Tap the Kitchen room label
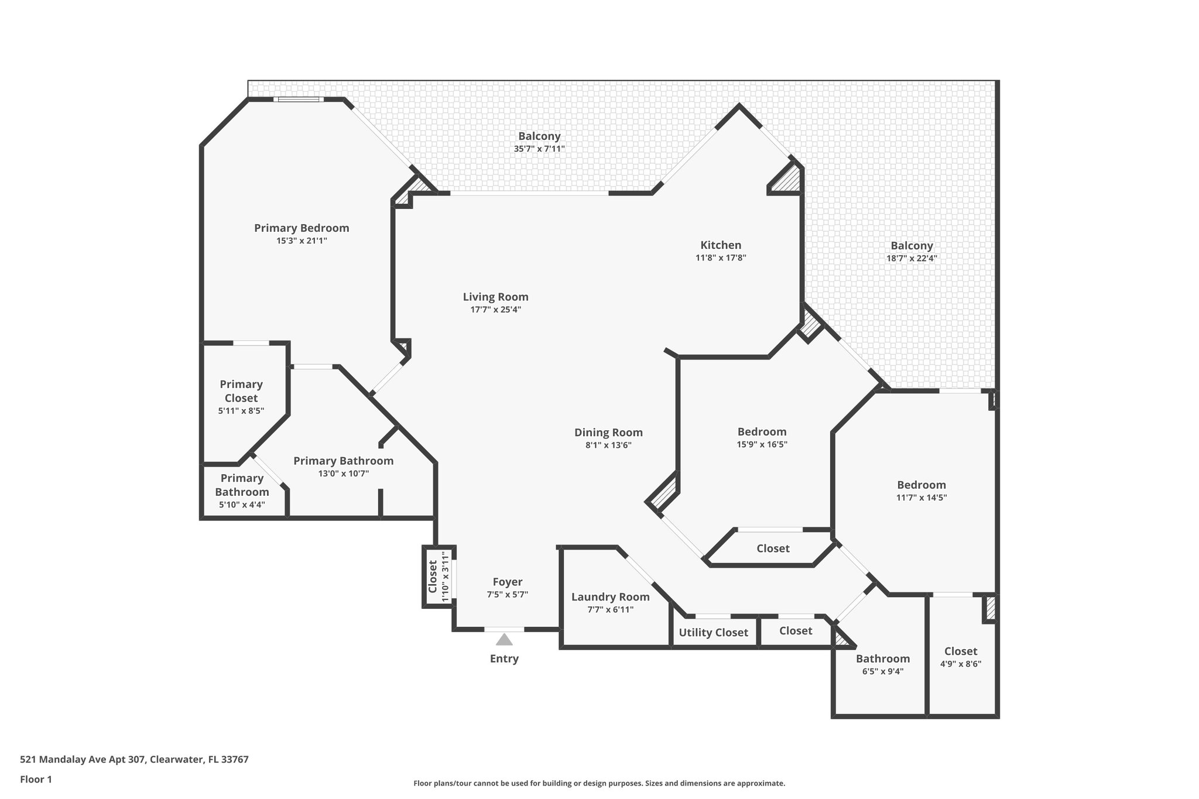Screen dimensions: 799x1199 [x=721, y=245]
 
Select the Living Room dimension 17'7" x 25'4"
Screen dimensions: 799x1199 [x=495, y=310]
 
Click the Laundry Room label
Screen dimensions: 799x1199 [x=610, y=597]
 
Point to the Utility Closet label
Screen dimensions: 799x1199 [x=713, y=633]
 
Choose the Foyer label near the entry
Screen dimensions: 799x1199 [x=507, y=582]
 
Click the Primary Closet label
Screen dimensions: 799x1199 [x=241, y=391]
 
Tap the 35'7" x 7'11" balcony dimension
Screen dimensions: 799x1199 [x=539, y=149]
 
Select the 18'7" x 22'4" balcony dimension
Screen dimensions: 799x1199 [x=912, y=258]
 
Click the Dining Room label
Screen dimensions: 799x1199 [x=608, y=433]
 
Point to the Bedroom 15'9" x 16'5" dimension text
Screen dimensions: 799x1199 [x=762, y=444]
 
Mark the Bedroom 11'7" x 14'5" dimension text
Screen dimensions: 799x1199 [x=921, y=498]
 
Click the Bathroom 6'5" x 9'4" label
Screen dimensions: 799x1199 [x=883, y=659]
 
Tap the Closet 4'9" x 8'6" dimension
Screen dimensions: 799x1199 [x=960, y=664]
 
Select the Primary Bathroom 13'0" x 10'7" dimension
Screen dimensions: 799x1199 [x=343, y=474]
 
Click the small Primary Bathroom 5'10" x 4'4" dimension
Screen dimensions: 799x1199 [x=242, y=505]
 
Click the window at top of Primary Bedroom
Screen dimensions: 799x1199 [x=299, y=100]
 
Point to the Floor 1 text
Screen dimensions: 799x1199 [x=36, y=779]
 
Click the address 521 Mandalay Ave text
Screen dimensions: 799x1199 [x=134, y=760]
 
